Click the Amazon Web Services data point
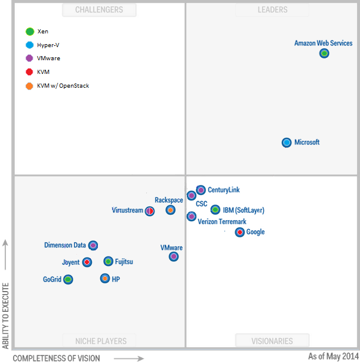tap(324, 53)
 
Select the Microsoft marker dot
tap(287, 143)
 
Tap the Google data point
tap(240, 232)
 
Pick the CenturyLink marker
tap(201, 190)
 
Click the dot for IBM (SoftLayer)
tap(215, 209)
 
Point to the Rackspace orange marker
tap(171, 210)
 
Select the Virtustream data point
tap(150, 211)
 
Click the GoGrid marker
tap(68, 279)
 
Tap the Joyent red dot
tap(87, 262)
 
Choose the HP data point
tap(105, 279)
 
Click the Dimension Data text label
tap(65, 245)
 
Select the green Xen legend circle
tap(29, 32)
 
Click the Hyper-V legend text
tap(48, 45)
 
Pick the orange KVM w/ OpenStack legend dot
tap(29, 86)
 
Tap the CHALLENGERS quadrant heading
tap(99, 10)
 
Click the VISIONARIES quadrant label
tap(272, 341)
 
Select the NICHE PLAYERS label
tap(101, 341)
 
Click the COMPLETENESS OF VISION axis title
tap(57, 358)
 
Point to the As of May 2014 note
tap(333, 356)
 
